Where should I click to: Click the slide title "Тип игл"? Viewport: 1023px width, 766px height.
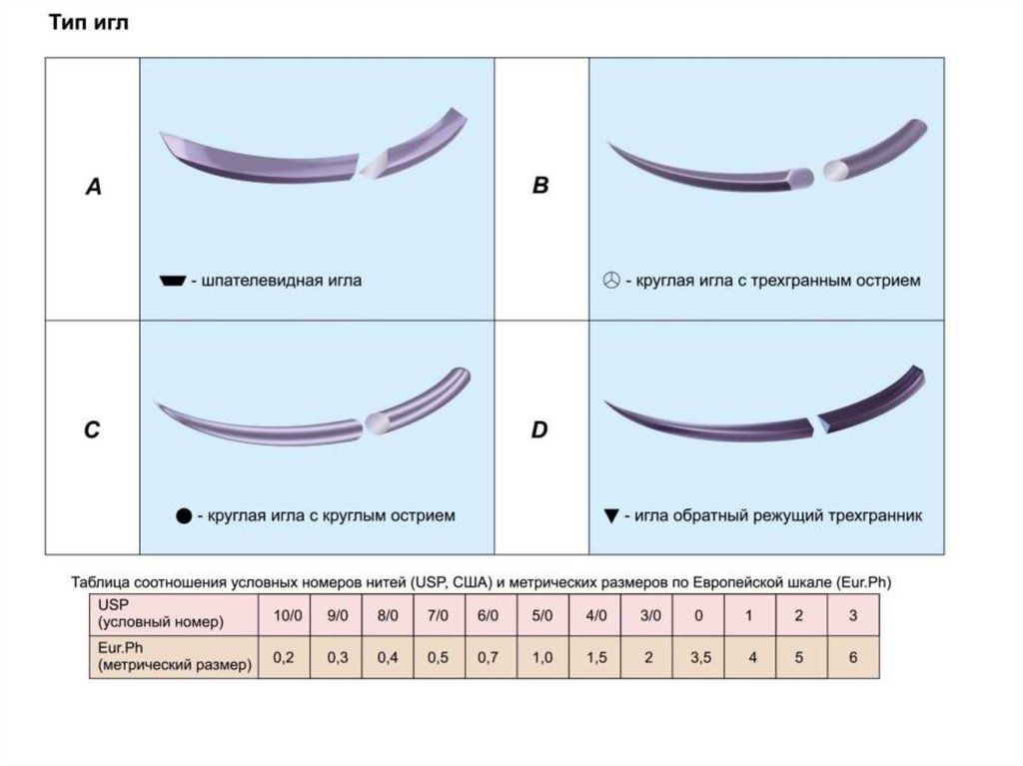click(89, 22)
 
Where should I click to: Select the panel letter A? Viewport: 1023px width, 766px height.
click(93, 186)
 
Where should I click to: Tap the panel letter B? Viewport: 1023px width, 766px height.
click(540, 186)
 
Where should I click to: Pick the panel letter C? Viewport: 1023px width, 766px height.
click(92, 430)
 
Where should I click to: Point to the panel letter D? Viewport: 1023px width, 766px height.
click(540, 430)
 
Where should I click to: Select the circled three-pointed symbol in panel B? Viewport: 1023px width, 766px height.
click(611, 282)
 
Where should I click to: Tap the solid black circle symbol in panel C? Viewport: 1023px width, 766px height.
click(183, 516)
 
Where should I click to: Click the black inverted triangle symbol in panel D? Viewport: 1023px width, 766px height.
click(611, 516)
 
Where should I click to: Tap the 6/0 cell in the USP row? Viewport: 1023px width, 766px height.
click(489, 616)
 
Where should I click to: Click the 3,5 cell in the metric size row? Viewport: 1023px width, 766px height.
click(699, 658)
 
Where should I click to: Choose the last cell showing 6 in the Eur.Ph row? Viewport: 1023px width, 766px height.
click(852, 658)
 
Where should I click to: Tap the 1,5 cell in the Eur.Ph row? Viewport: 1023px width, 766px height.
click(596, 658)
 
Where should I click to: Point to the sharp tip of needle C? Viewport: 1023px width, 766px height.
click(159, 405)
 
